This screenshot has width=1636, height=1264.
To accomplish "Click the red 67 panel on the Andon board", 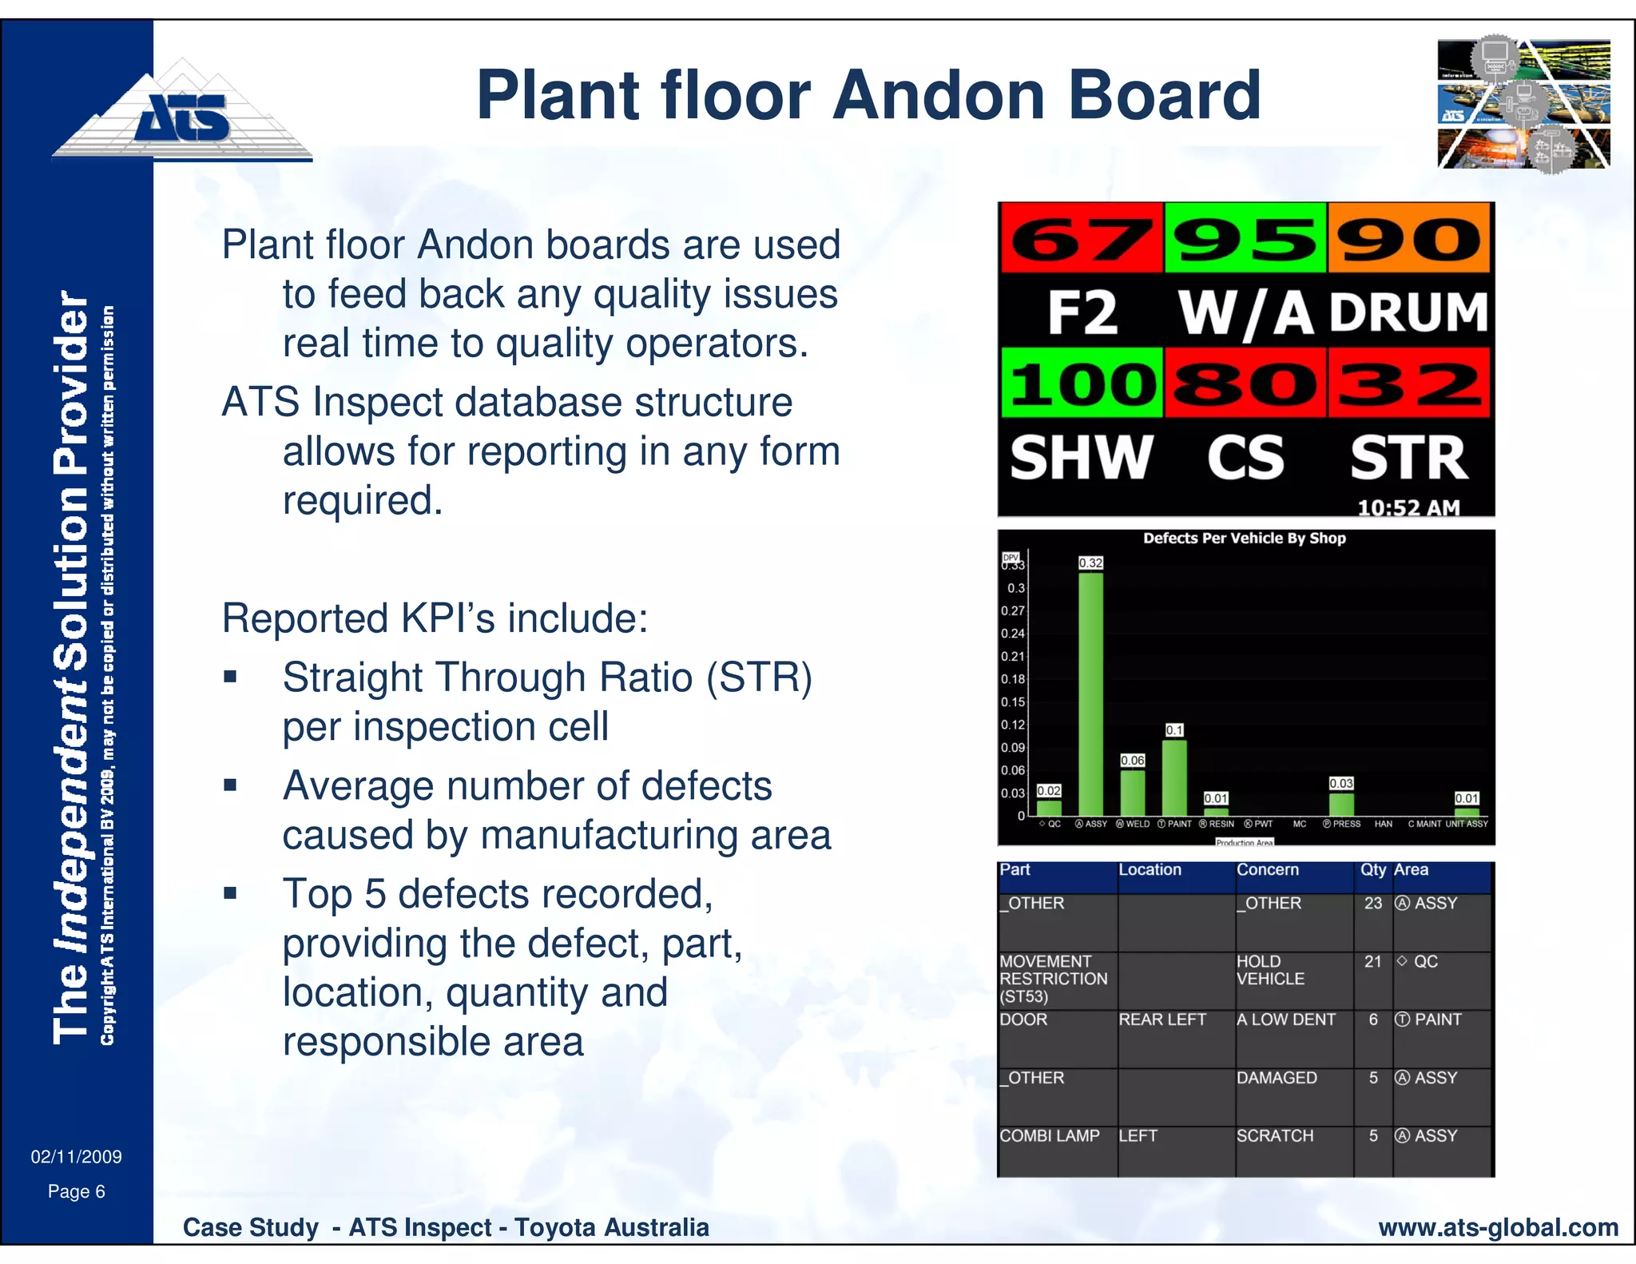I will click(1082, 238).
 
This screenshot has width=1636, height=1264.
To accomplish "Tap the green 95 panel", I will click(1245, 238).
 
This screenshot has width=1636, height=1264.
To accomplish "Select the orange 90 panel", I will click(1409, 238).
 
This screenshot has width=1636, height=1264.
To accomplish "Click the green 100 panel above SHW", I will click(1082, 383).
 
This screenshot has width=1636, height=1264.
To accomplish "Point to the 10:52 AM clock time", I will click(1408, 507).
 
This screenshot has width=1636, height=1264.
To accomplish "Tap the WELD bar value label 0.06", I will click(1132, 760).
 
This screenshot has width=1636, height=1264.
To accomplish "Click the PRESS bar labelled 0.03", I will click(1341, 803).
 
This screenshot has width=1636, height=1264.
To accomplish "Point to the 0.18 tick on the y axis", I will click(1012, 679).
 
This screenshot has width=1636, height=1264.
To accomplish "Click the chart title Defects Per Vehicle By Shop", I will click(1244, 538).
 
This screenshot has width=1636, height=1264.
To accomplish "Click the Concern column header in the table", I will click(1268, 870).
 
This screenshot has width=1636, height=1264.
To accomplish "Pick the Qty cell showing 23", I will click(1372, 904).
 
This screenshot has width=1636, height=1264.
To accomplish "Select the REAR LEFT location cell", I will click(1162, 1020).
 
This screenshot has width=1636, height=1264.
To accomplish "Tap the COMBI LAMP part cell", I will click(1049, 1136).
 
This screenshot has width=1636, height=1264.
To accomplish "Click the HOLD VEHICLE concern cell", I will click(1270, 970).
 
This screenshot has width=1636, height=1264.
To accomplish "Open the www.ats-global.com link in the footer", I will click(1498, 1227).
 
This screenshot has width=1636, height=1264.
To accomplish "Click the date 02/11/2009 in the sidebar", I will click(77, 1156).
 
